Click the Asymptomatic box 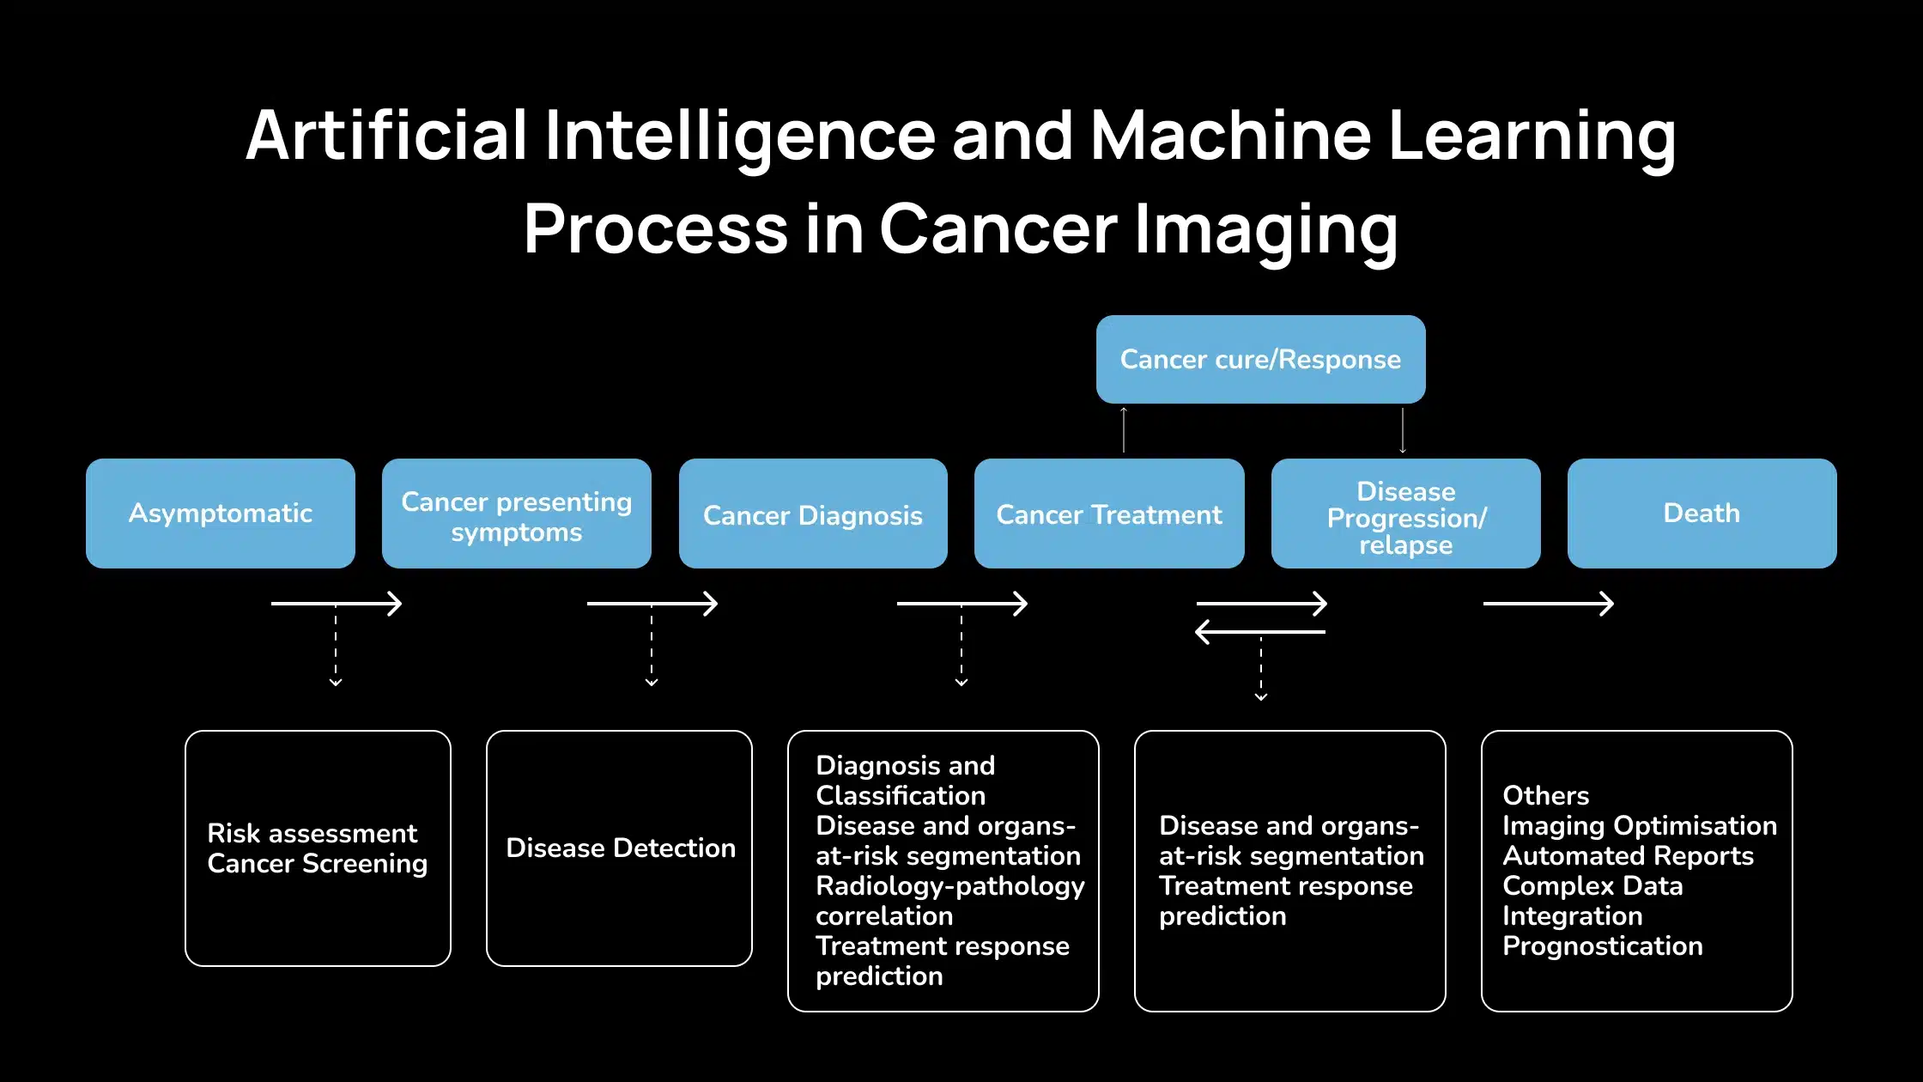(x=221, y=514)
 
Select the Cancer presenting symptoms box (x=517, y=514)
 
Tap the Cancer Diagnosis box (x=813, y=514)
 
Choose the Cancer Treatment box (x=1109, y=514)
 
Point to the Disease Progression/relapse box (x=1406, y=514)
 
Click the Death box (x=1702, y=514)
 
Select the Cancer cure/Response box (x=1261, y=359)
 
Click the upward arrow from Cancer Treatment (x=1124, y=429)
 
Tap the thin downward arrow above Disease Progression (x=1403, y=430)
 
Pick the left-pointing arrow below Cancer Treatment (x=1260, y=632)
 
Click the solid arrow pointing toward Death (x=1549, y=604)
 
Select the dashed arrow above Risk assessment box (x=336, y=645)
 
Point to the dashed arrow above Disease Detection (x=652, y=645)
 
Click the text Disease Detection (x=621, y=848)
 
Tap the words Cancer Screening (x=318, y=863)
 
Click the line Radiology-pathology (x=950, y=885)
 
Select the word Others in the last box (x=1546, y=795)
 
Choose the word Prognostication (x=1603, y=945)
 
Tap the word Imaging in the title (x=1267, y=230)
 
